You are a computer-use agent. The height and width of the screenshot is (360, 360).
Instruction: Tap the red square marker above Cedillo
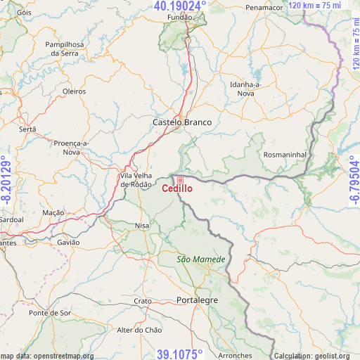click(179, 180)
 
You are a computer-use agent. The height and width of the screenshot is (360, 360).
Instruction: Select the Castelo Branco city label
click(182, 122)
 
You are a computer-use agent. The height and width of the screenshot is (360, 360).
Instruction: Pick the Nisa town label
click(141, 226)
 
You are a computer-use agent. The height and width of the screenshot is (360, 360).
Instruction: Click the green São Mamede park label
click(201, 259)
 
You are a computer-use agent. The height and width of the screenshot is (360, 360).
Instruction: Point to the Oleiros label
click(74, 91)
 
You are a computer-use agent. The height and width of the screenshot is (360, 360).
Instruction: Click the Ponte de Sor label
click(49, 312)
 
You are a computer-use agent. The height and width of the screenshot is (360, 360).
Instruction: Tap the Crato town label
click(143, 301)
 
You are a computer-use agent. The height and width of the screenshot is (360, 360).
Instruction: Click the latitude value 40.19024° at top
click(180, 6)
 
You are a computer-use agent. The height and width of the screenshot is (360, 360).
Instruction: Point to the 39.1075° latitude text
click(180, 354)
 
